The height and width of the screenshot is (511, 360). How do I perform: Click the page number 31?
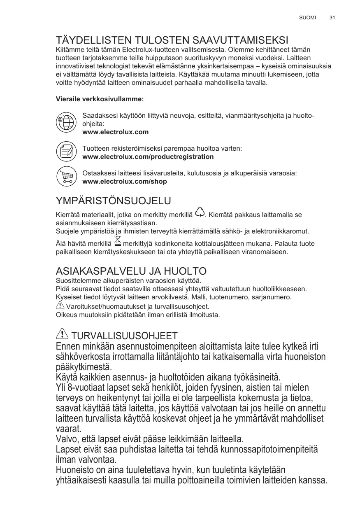pos(332,18)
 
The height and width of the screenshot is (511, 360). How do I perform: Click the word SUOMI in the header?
pos(307,18)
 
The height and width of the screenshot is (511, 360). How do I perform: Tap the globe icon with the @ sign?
pos(66,122)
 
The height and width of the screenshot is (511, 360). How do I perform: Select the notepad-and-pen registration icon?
pos(66,151)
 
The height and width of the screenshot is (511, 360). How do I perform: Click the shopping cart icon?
pos(66,176)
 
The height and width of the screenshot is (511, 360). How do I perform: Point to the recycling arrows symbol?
pos(200,212)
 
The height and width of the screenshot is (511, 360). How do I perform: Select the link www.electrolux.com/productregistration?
pos(148,157)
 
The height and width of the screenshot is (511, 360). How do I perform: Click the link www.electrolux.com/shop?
pos(125,182)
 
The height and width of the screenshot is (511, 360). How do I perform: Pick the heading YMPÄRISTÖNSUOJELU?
pos(113,201)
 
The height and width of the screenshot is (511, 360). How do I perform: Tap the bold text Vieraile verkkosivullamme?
pos(100,99)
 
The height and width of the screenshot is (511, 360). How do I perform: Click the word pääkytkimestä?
pos(84,366)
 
